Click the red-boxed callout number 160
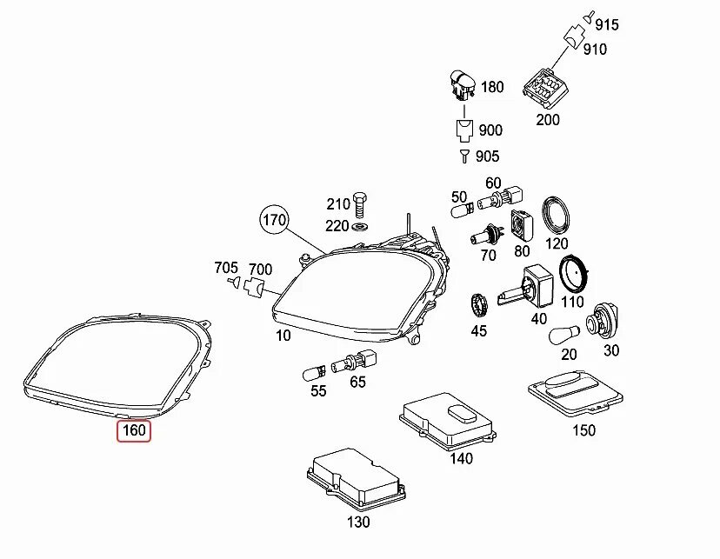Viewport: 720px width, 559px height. (x=135, y=429)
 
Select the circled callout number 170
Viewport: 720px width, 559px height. (x=273, y=221)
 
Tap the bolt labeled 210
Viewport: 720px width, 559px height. (x=359, y=204)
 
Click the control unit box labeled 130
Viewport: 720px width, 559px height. (x=353, y=478)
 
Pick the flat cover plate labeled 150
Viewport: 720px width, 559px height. (x=576, y=392)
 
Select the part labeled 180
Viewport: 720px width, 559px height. (x=463, y=86)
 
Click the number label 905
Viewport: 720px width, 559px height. (x=488, y=156)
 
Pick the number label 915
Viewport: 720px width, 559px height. (x=606, y=24)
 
